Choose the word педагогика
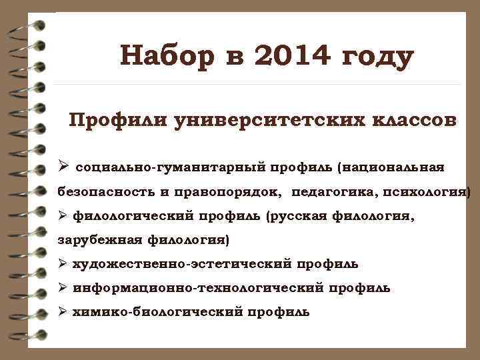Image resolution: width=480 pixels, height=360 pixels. tap(332, 192)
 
